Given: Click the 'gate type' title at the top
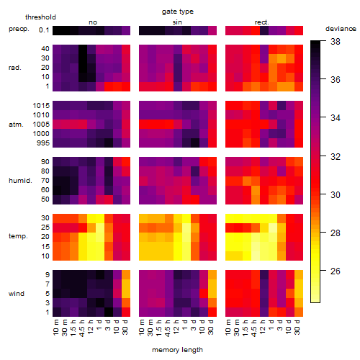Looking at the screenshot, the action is point(178,12).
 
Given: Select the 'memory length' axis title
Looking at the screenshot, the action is point(177,350).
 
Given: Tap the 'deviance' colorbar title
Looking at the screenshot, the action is point(341,29).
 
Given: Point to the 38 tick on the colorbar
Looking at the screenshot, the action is point(336,42).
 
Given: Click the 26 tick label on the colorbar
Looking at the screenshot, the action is point(336,271).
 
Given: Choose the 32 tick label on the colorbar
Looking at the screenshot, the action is point(336,156).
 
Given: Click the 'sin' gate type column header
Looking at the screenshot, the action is point(177,22).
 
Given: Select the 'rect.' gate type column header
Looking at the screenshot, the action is point(262,22).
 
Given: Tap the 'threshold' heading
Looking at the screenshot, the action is point(40,17).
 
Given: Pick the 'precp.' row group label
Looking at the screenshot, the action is point(19,29).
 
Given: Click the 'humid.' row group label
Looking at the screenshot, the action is point(20,181).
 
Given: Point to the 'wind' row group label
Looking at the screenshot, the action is point(17,294).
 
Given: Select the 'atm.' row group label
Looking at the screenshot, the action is point(16,125).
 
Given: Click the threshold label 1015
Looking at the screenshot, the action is point(41,105).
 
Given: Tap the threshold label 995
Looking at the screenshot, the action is point(43,143).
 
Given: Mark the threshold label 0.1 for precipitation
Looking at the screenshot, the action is point(44,30).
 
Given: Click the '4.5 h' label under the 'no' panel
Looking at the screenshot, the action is point(82,328).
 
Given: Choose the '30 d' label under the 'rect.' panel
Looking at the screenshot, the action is point(297,327).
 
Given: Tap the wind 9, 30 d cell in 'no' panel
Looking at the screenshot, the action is point(126,275).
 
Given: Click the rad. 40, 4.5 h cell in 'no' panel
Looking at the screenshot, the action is point(83,49).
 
